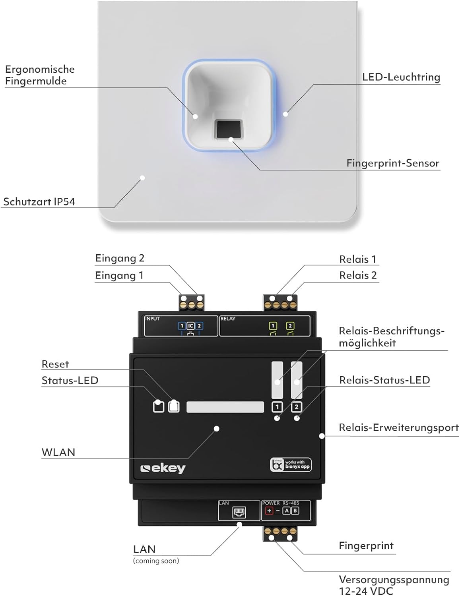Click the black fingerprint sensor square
tap(229, 130)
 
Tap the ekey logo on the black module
tap(163, 468)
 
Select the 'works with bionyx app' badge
tap(291, 464)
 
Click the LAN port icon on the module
tap(239, 513)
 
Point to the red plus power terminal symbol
tap(269, 511)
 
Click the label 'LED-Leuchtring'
tap(401, 77)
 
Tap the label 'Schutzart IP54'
tap(39, 202)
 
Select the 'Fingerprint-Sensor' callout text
tap(392, 163)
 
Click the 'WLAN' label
tap(58, 452)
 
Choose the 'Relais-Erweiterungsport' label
tap(398, 428)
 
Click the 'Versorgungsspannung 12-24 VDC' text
tap(394, 585)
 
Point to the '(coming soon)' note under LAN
tap(156, 561)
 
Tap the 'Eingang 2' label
tap(120, 258)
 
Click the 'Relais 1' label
tap(357, 259)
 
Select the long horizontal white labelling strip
tap(225, 407)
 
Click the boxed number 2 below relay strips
tap(296, 407)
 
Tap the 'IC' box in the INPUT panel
tap(190, 326)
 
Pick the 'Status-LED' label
tap(70, 381)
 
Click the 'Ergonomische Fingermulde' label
tap(40, 75)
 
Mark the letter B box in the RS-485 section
tap(295, 511)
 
